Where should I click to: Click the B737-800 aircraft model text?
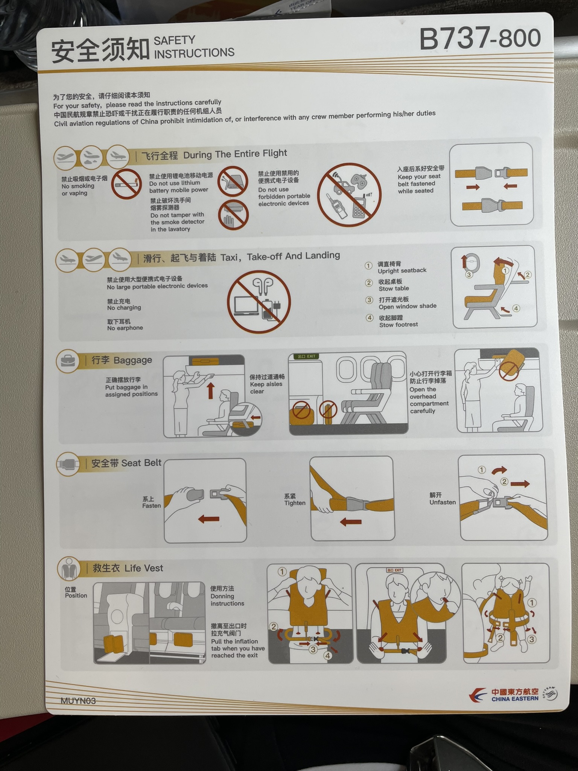click(x=480, y=38)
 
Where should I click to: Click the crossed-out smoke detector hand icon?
click(x=233, y=214)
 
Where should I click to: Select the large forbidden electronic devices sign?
click(x=349, y=195)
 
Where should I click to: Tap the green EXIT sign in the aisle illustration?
click(x=307, y=356)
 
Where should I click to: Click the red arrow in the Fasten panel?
click(x=208, y=520)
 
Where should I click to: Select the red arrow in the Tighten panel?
click(x=350, y=522)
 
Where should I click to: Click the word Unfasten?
click(x=443, y=502)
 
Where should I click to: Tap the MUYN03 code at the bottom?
click(x=78, y=701)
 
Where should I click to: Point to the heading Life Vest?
click(x=144, y=568)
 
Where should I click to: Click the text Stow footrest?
click(x=399, y=325)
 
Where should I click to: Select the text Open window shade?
click(x=408, y=306)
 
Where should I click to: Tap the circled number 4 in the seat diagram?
click(x=516, y=308)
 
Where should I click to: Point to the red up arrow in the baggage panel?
click(x=211, y=391)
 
